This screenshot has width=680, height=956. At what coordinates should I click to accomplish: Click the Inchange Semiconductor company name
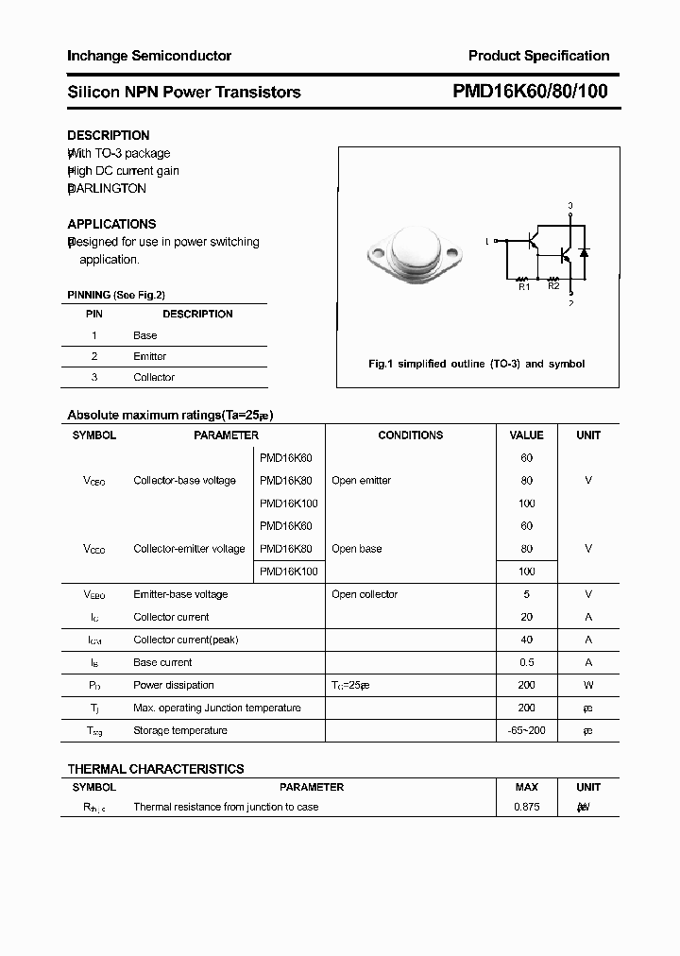[148, 56]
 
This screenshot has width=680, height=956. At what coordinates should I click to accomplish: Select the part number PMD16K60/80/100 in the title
[531, 92]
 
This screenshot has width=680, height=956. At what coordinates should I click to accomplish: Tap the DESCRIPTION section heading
[108, 135]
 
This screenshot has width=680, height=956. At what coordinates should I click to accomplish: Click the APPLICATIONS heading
[111, 224]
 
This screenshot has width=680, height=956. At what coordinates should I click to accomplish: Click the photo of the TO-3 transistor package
[415, 250]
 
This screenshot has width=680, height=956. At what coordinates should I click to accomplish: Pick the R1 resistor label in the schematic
[524, 285]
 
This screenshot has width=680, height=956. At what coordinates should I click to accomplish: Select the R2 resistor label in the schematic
[553, 285]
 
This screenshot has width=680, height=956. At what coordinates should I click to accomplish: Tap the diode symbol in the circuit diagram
[584, 253]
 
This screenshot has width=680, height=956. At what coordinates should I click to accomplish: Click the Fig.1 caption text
[476, 364]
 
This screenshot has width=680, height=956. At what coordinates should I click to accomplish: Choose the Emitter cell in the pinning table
[149, 356]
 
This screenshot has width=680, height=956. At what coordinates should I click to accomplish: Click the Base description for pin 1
[144, 335]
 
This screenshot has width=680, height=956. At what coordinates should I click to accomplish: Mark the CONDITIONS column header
[410, 435]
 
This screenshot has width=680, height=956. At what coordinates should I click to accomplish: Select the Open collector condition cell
[365, 594]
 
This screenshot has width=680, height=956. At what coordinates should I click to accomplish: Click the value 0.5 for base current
[526, 662]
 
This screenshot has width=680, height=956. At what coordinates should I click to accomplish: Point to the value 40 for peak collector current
[526, 640]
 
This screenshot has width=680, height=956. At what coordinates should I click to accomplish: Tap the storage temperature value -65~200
[526, 730]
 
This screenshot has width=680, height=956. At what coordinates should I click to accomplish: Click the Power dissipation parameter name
[173, 685]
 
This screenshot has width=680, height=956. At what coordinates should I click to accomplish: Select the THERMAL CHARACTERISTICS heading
[155, 769]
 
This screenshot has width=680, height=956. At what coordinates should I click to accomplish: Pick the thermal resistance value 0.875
[526, 807]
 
